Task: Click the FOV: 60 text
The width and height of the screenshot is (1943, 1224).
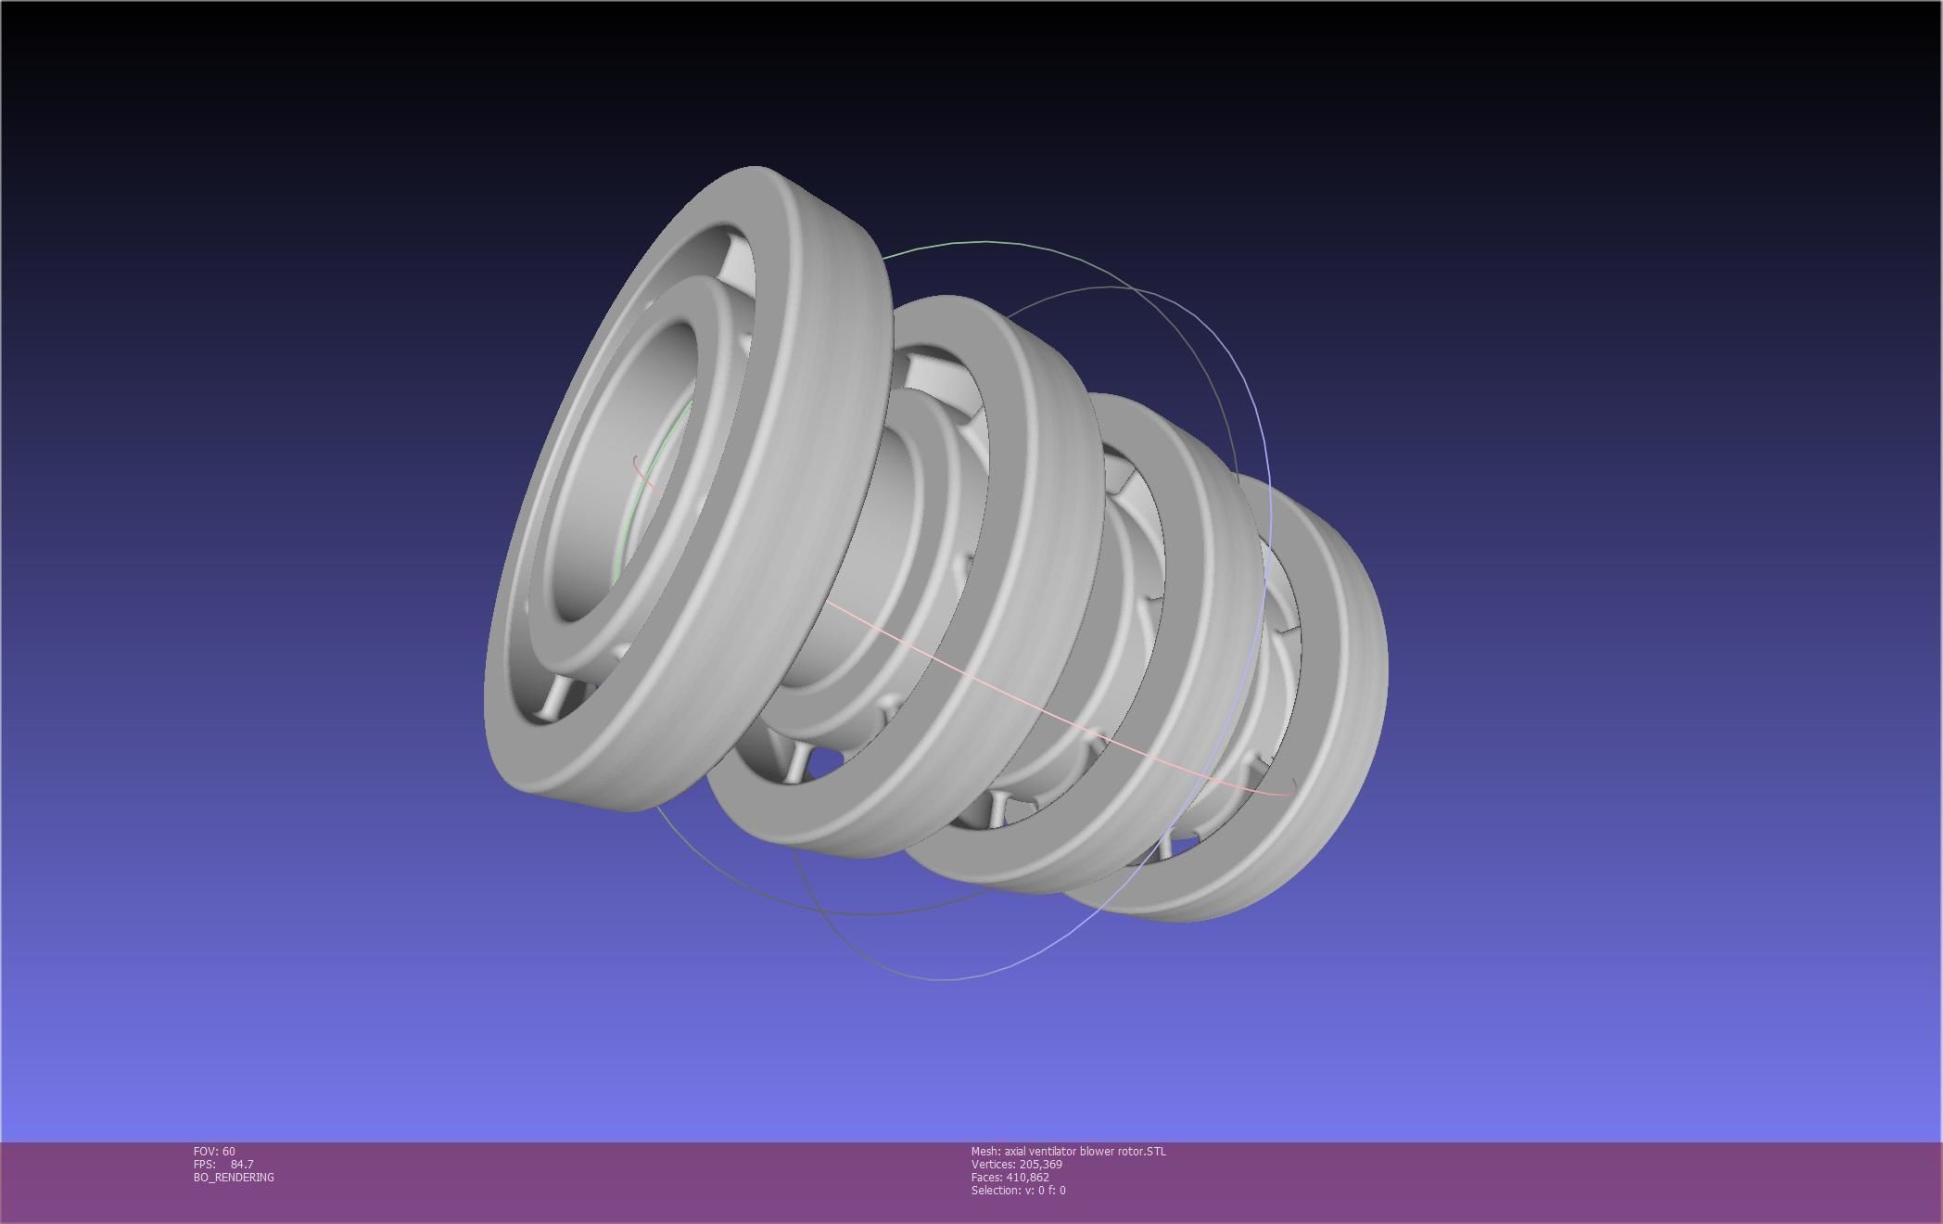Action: click(x=214, y=1151)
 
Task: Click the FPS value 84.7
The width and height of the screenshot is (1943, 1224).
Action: click(x=242, y=1164)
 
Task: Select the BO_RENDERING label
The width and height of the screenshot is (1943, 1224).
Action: click(x=234, y=1177)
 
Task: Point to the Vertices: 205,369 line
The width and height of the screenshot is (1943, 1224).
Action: click(x=1016, y=1164)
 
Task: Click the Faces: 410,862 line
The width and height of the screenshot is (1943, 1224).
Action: click(x=1010, y=1177)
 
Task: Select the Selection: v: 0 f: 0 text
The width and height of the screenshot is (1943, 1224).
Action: click(x=1018, y=1190)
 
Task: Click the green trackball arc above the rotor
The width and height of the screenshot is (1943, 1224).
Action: click(x=983, y=242)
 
